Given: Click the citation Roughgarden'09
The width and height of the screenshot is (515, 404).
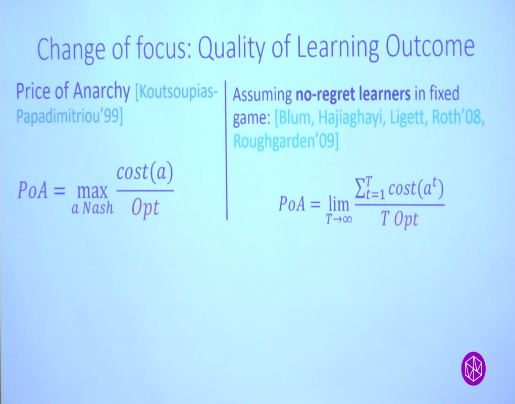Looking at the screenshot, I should tap(285, 142).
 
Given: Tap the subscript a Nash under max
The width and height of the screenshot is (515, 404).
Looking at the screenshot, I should tap(92, 208).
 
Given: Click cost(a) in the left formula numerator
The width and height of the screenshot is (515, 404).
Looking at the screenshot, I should tap(145, 174).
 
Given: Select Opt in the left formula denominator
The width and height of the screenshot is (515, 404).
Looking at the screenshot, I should tap(145, 207).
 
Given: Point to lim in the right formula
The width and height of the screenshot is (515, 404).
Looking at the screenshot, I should tap(338, 204).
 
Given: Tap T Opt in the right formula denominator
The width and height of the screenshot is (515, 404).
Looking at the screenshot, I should tap(399, 220).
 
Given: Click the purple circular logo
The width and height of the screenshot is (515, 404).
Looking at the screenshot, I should tap(473, 368).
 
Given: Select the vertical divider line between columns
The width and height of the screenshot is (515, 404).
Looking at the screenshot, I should tap(227, 151).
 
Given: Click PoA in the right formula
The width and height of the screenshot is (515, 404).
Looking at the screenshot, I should tap(293, 205).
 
